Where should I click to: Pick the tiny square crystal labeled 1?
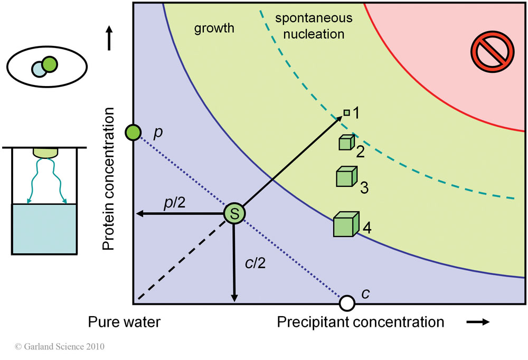pos(346,112)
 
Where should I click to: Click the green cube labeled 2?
pos(345,143)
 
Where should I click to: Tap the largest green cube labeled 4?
pos(346,224)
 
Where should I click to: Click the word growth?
pos(214,29)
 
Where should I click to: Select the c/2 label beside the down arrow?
pos(255,262)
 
